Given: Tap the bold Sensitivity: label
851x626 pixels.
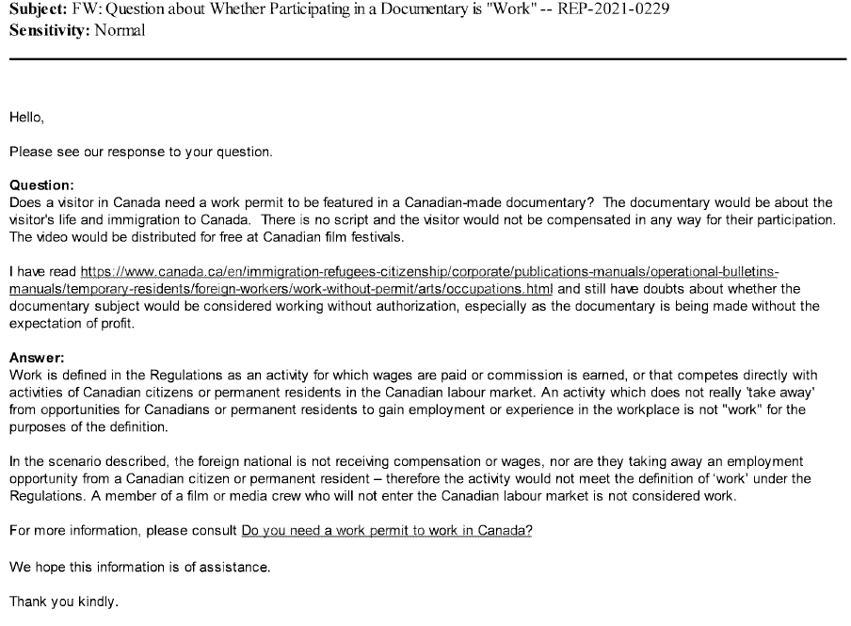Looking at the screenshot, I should pyautogui.click(x=50, y=29).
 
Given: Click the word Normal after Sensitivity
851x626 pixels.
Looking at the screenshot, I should pyautogui.click(x=120, y=29).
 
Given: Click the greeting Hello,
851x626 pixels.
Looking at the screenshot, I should pyautogui.click(x=26, y=119).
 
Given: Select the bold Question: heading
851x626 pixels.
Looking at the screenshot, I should pyautogui.click(x=41, y=186).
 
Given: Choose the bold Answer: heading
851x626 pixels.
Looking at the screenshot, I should pyautogui.click(x=37, y=359).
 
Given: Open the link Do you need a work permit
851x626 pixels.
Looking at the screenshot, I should pyautogui.click(x=387, y=530).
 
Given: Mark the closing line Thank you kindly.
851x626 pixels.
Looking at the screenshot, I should pyautogui.click(x=65, y=600).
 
